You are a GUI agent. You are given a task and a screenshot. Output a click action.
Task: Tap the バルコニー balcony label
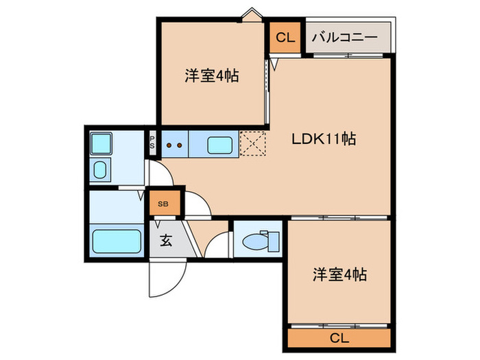click(344, 38)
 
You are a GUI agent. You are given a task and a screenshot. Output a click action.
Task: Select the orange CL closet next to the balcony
click(285, 38)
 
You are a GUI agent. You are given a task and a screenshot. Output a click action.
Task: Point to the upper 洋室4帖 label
click(211, 76)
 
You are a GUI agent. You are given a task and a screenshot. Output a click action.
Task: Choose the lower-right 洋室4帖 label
click(339, 275)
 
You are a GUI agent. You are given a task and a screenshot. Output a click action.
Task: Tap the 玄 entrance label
click(166, 241)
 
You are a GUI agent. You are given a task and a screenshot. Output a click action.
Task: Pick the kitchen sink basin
click(219, 145)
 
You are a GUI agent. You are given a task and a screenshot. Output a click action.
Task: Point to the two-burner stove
click(174, 145)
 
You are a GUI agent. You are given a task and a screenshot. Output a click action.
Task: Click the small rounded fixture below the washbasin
click(101, 171)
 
